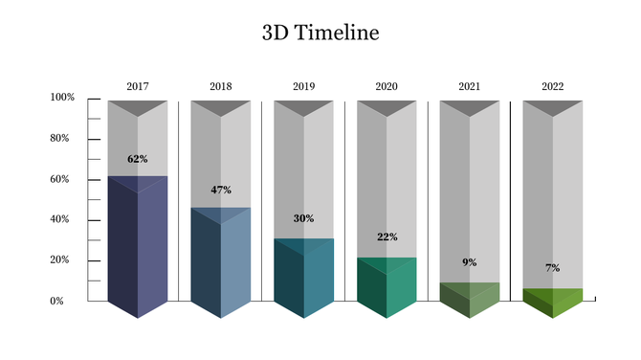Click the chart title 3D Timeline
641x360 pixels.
320,34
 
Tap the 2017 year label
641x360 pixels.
138,87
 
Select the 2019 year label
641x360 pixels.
303,87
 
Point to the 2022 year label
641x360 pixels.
552,87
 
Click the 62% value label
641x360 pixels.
138,159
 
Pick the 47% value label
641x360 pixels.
221,190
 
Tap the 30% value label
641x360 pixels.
303,219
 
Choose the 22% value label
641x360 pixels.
387,237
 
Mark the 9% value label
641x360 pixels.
470,262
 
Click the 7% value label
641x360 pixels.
553,268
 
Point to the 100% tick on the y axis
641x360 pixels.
62,98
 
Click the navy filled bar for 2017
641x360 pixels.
138,249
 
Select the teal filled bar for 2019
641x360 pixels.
303,278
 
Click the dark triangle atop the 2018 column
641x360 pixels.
221,106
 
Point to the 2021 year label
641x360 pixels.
470,87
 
